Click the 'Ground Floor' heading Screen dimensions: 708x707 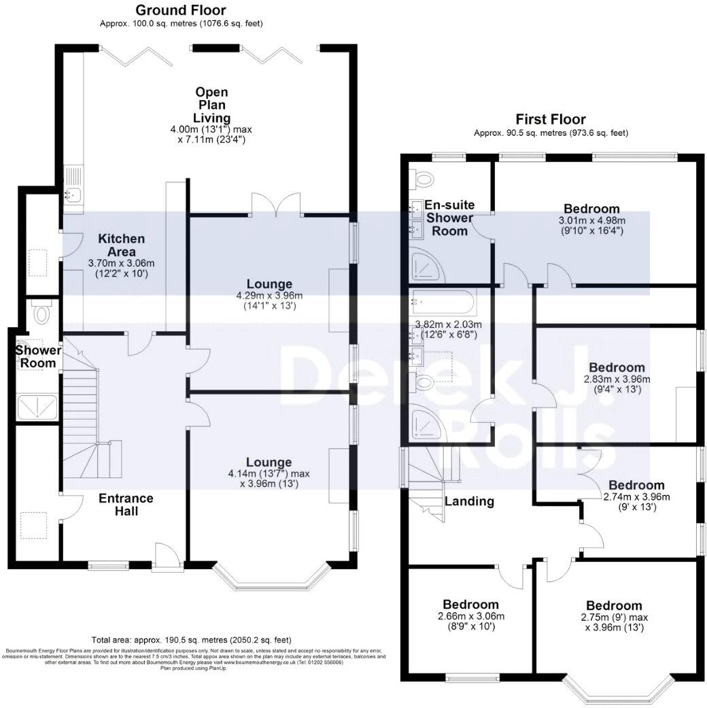pyautogui.click(x=180, y=10)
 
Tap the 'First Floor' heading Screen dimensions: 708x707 pyautogui.click(x=551, y=120)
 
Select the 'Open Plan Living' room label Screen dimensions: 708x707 pyautogui.click(x=211, y=105)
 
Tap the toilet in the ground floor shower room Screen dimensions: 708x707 pyautogui.click(x=42, y=314)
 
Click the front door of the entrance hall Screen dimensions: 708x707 pyautogui.click(x=167, y=556)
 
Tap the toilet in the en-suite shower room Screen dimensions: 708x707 pyautogui.click(x=426, y=179)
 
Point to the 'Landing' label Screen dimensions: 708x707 pyautogui.click(x=469, y=501)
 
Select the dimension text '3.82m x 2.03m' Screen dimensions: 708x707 pyautogui.click(x=448, y=324)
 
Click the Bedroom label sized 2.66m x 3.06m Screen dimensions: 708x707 pyautogui.click(x=470, y=605)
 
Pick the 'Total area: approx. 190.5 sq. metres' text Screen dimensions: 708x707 pyautogui.click(x=191, y=640)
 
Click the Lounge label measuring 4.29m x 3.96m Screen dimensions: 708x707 pyautogui.click(x=269, y=284)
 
